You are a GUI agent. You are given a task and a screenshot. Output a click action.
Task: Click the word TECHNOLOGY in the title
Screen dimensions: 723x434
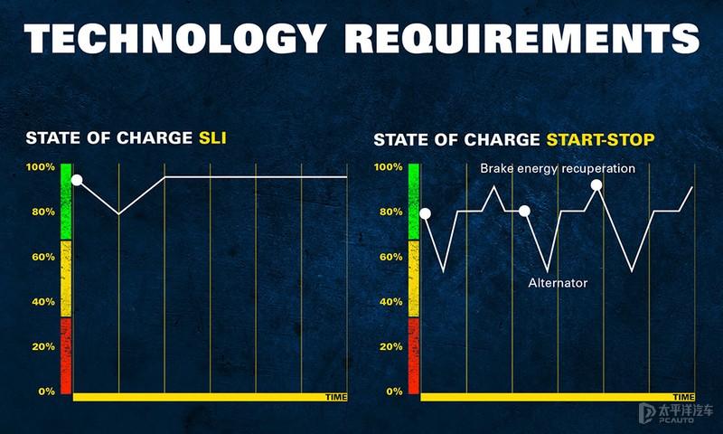click(x=175, y=38)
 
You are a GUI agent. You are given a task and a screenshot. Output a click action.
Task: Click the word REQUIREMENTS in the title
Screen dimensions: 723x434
click(x=522, y=38)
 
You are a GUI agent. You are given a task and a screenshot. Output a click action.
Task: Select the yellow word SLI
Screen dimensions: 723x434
click(x=212, y=137)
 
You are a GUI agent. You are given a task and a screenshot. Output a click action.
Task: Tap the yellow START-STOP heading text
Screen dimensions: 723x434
click(x=600, y=139)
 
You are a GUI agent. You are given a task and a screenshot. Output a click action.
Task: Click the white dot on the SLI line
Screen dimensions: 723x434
click(x=77, y=180)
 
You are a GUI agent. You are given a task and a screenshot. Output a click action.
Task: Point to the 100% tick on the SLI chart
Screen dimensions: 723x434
click(x=41, y=167)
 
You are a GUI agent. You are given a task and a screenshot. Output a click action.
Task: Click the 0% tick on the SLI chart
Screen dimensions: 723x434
click(x=47, y=392)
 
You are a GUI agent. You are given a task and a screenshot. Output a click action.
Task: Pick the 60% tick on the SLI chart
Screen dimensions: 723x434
click(x=43, y=257)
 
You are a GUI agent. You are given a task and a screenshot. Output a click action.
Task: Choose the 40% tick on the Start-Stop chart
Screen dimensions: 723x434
click(x=391, y=302)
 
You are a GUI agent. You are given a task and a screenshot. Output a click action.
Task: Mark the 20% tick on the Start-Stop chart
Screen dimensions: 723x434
click(x=391, y=346)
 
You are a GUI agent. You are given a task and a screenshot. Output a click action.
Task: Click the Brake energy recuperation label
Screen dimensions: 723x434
click(x=558, y=168)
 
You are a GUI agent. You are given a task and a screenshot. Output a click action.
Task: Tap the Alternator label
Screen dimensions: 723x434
click(x=558, y=283)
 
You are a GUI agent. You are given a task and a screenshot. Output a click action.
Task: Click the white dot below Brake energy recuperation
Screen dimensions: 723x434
click(x=596, y=185)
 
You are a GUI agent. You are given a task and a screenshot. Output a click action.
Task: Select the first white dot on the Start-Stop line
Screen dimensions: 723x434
click(x=425, y=213)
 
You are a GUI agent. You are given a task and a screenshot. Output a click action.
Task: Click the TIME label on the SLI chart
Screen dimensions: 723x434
click(x=336, y=397)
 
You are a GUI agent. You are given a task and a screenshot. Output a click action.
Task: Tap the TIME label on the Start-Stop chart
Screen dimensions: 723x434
click(x=684, y=397)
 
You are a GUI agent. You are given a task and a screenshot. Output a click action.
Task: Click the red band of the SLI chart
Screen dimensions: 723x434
click(x=66, y=355)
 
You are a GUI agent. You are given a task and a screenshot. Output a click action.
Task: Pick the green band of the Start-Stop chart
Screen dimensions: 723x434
click(x=414, y=202)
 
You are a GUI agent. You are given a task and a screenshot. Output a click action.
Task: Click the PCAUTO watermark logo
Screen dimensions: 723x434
click(x=676, y=413)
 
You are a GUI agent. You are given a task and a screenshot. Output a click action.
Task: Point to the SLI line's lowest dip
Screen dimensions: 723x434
click(x=118, y=214)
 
